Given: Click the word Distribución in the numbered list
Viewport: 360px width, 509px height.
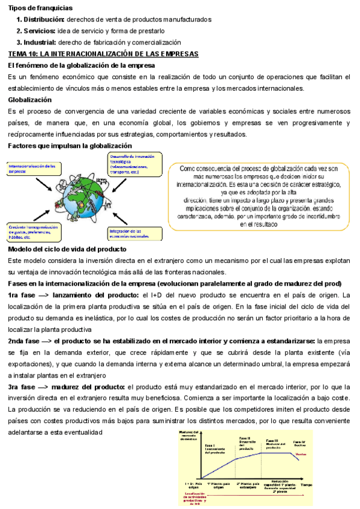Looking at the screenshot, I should pos(44,20).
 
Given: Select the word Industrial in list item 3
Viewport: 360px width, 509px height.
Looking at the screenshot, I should pos(40,42).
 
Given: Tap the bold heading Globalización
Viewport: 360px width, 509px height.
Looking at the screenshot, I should pos(29,100).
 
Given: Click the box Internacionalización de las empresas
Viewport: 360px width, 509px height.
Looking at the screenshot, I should pos(33,169).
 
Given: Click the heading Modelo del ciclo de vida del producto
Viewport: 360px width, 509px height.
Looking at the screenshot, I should pos(67,248).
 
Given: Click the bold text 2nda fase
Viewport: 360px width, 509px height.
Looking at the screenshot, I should pos(25,340).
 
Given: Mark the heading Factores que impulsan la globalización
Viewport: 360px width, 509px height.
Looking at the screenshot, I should pos(70,146).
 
